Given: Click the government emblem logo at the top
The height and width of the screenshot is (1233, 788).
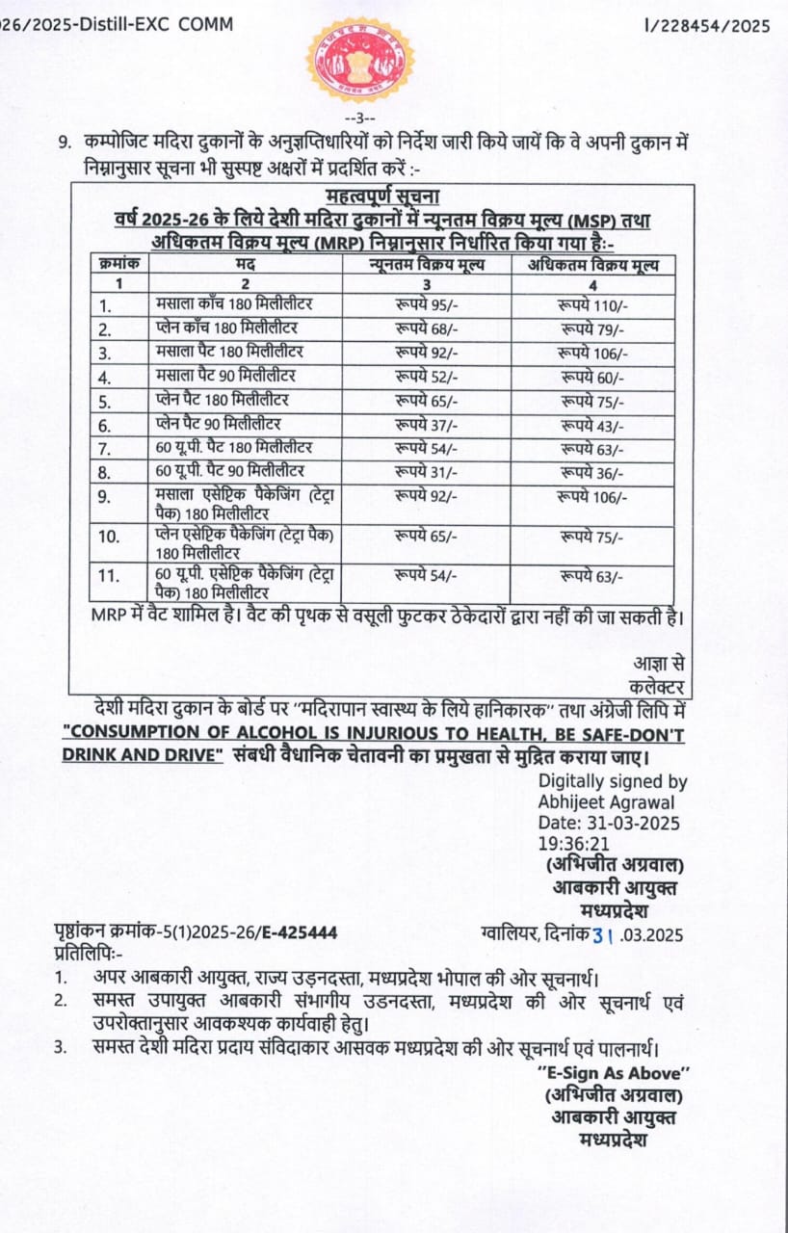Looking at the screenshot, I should (359, 60).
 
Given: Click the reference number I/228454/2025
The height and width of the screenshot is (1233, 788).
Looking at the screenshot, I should (708, 26).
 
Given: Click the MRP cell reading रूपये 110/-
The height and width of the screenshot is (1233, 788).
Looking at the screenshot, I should (592, 305).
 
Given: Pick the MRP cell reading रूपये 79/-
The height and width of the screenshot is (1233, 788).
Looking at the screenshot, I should (592, 329).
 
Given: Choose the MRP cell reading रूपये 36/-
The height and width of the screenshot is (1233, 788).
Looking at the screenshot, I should (592, 473).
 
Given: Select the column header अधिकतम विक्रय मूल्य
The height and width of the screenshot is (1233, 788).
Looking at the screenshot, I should (592, 263).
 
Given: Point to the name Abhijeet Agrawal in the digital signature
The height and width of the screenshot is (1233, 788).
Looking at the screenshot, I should (606, 802).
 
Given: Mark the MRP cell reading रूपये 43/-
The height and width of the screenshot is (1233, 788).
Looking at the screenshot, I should (592, 425).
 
